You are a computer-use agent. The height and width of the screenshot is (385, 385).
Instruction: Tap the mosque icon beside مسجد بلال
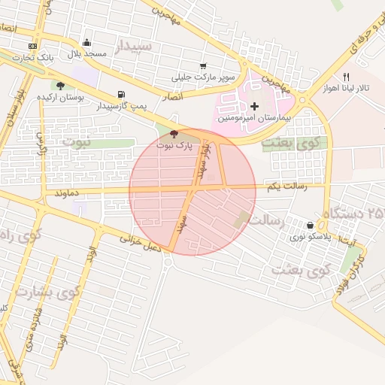tap(86, 43)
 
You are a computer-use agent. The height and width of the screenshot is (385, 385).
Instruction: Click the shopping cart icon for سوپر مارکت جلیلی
tap(203, 66)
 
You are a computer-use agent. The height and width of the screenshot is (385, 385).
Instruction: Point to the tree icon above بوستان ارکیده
tap(60, 86)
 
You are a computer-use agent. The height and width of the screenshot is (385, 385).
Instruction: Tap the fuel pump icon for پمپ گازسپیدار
tap(120, 95)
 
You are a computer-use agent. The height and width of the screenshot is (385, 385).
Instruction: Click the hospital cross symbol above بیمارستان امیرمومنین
tap(255, 107)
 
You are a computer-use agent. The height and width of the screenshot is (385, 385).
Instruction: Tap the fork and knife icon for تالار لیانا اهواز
tap(346, 77)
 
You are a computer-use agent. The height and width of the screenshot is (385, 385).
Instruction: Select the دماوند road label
tap(67, 192)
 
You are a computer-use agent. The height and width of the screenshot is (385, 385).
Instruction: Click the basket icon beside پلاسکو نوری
tap(311, 225)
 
